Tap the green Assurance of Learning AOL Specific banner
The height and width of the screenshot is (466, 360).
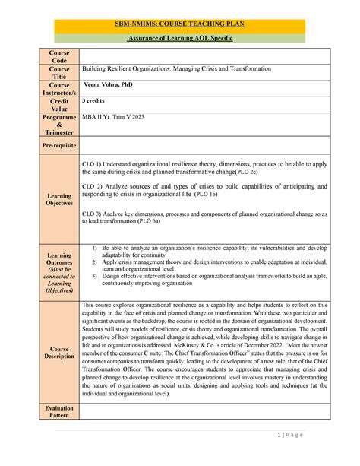coord(180,38)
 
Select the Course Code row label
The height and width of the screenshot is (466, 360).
coord(60,57)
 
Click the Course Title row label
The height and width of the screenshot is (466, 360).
coord(60,73)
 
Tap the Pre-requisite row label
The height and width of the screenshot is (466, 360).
coord(60,144)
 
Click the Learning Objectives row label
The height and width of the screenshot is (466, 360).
coord(60,199)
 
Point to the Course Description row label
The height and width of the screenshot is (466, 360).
coord(60,351)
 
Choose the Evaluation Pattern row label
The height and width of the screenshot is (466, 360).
coord(60,412)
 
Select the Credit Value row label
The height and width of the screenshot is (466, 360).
coord(60,105)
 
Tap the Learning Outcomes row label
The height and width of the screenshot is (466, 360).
coord(60,272)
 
